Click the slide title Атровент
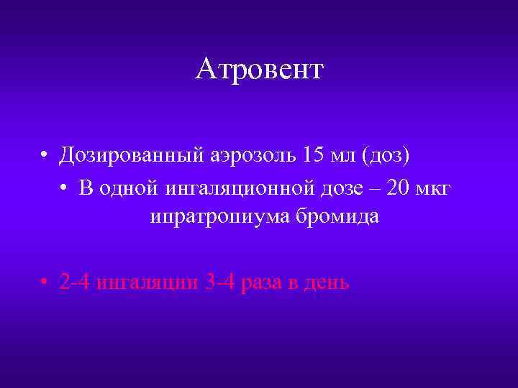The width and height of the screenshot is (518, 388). pos(259,70)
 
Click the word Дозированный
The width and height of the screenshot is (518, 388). pos(134,154)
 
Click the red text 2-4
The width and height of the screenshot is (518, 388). pos(76,282)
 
